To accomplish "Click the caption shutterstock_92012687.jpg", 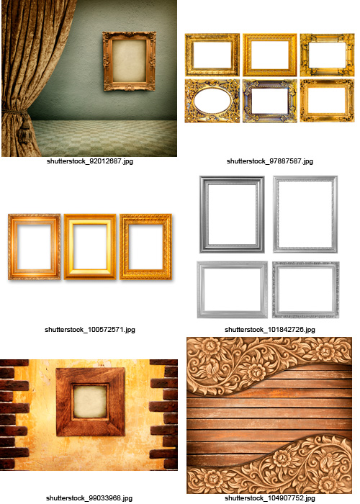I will coord(89,161).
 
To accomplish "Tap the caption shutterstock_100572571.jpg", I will coord(89,329).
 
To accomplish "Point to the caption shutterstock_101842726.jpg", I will coord(271,329).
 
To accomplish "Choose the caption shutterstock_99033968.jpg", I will coord(89,498).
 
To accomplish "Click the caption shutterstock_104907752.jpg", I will coord(271,498).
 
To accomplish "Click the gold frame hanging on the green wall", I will coord(130,60).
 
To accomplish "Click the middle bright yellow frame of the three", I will coord(90,246).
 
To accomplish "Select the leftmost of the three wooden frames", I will coord(34,246).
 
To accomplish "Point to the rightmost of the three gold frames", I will coord(146,246).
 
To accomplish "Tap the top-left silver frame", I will coord(232,214).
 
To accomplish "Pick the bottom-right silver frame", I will coord(306,290).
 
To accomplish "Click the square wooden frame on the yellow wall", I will coord(89,401).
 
